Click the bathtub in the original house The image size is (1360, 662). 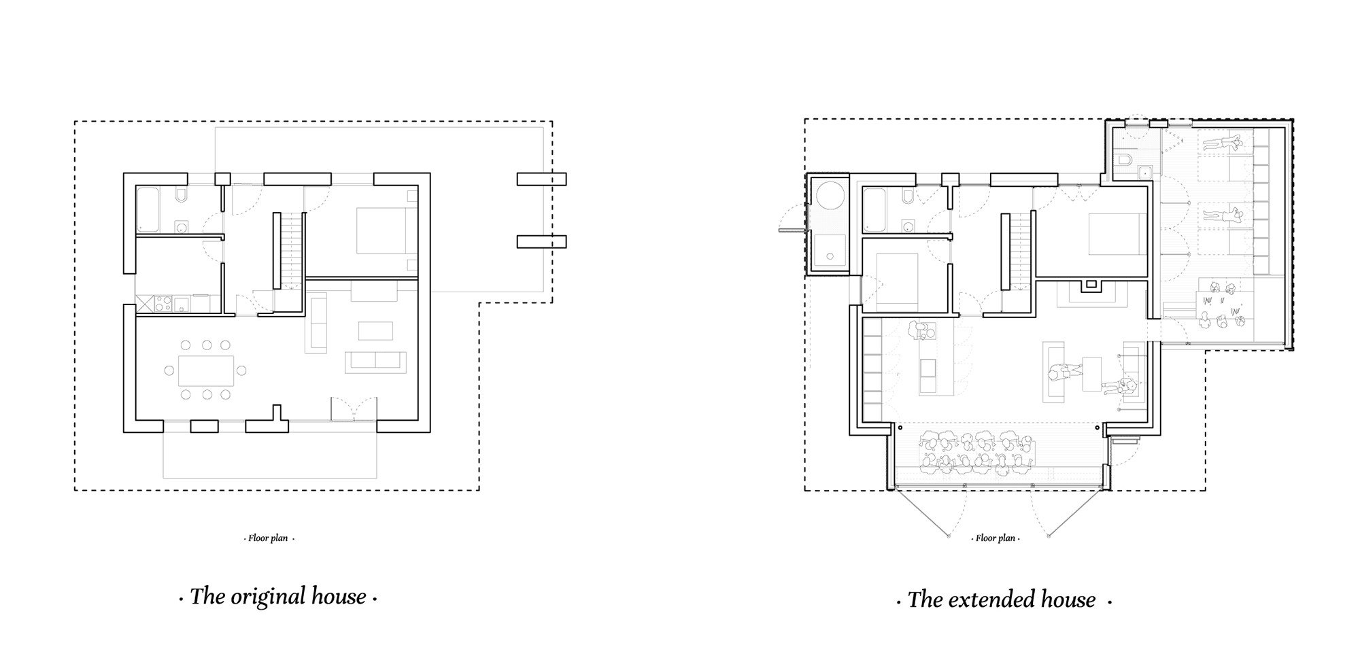tap(148, 210)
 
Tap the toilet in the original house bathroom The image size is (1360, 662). tap(181, 196)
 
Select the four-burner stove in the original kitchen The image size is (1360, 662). tap(163, 303)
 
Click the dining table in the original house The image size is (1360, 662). tap(206, 370)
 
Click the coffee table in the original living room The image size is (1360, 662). tap(375, 331)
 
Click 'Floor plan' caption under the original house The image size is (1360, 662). tap(269, 538)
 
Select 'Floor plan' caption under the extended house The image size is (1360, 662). tap(996, 538)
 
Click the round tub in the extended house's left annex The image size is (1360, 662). tap(830, 196)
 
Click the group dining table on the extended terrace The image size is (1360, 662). tap(976, 453)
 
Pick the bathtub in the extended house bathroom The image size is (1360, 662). tap(874, 210)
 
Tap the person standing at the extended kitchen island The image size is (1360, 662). tap(922, 331)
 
